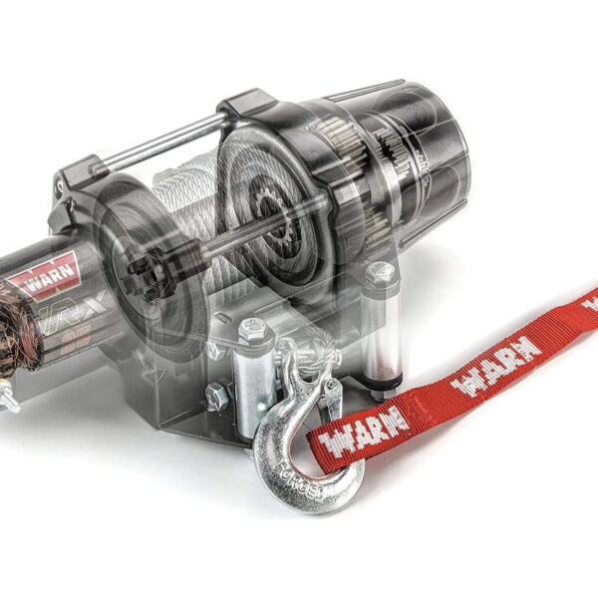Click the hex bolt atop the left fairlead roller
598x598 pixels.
point(252,326)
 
